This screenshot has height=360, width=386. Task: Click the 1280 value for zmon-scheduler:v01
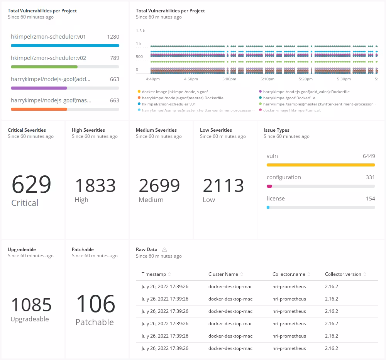pyautogui.click(x=113, y=37)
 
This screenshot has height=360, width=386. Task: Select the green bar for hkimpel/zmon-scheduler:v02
pyautogui.click(x=44, y=67)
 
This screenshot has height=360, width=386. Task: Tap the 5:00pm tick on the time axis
pyautogui.click(x=229, y=79)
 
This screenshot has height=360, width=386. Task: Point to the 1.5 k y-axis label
pyautogui.click(x=140, y=31)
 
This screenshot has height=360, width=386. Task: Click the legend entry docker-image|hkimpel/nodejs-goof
pyautogui.click(x=175, y=92)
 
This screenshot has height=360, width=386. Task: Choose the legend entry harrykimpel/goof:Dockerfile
pyautogui.click(x=289, y=98)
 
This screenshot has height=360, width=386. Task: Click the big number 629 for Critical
pyautogui.click(x=31, y=184)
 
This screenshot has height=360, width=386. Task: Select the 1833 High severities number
pyautogui.click(x=95, y=185)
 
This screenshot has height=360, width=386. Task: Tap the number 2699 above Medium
pyautogui.click(x=159, y=185)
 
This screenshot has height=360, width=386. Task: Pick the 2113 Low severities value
pyautogui.click(x=223, y=185)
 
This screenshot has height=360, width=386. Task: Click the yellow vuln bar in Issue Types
pyautogui.click(x=320, y=165)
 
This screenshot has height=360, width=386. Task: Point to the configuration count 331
pyautogui.click(x=370, y=177)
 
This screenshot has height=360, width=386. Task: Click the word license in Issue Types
pyautogui.click(x=276, y=199)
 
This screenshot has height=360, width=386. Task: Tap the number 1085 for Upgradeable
pyautogui.click(x=31, y=305)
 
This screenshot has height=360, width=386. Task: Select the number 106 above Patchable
pyautogui.click(x=95, y=304)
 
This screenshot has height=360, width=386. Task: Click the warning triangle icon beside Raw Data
pyautogui.click(x=164, y=250)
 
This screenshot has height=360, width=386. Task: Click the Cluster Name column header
pyautogui.click(x=223, y=274)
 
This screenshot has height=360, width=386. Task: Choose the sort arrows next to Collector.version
pyautogui.click(x=365, y=274)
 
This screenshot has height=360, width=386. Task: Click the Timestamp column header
pyautogui.click(x=154, y=274)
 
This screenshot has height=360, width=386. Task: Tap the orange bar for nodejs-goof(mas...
pyautogui.click(x=39, y=109)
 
